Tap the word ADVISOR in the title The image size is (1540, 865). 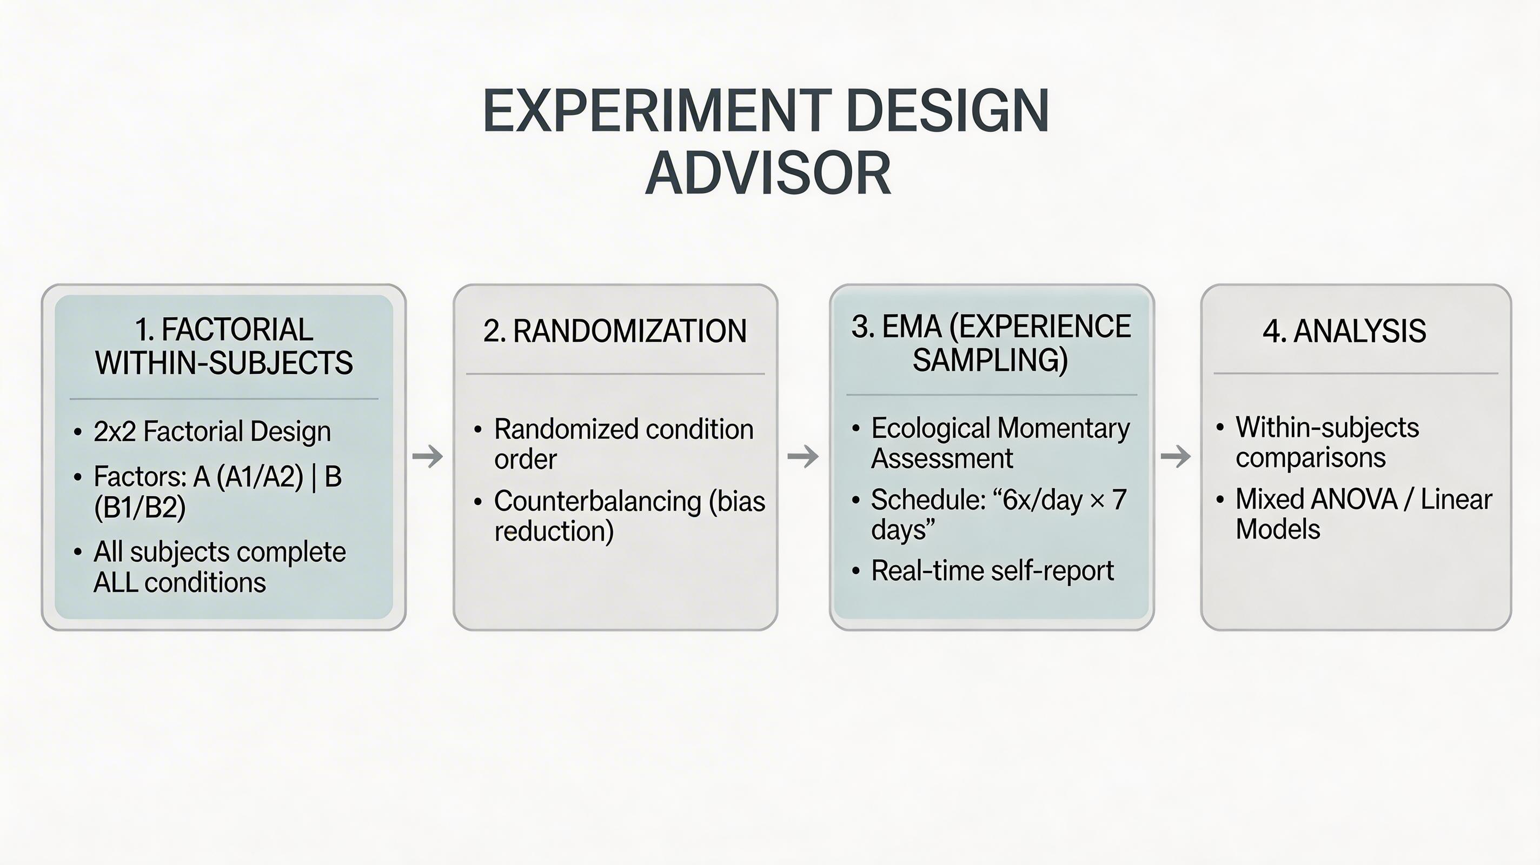click(768, 174)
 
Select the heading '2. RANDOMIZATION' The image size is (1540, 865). click(615, 330)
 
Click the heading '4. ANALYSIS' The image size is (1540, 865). click(1344, 330)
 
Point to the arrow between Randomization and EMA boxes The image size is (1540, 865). click(803, 457)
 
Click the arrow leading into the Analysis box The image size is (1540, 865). click(1176, 457)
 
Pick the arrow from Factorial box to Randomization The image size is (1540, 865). click(427, 457)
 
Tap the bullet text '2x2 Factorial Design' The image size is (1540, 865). click(212, 431)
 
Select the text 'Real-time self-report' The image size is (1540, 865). click(992, 571)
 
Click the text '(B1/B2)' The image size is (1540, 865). click(140, 508)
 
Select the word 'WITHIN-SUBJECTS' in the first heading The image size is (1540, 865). click(224, 363)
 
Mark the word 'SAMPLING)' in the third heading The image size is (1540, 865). click(991, 360)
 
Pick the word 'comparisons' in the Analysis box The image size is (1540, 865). click(1310, 458)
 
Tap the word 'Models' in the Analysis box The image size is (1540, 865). click(1278, 529)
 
